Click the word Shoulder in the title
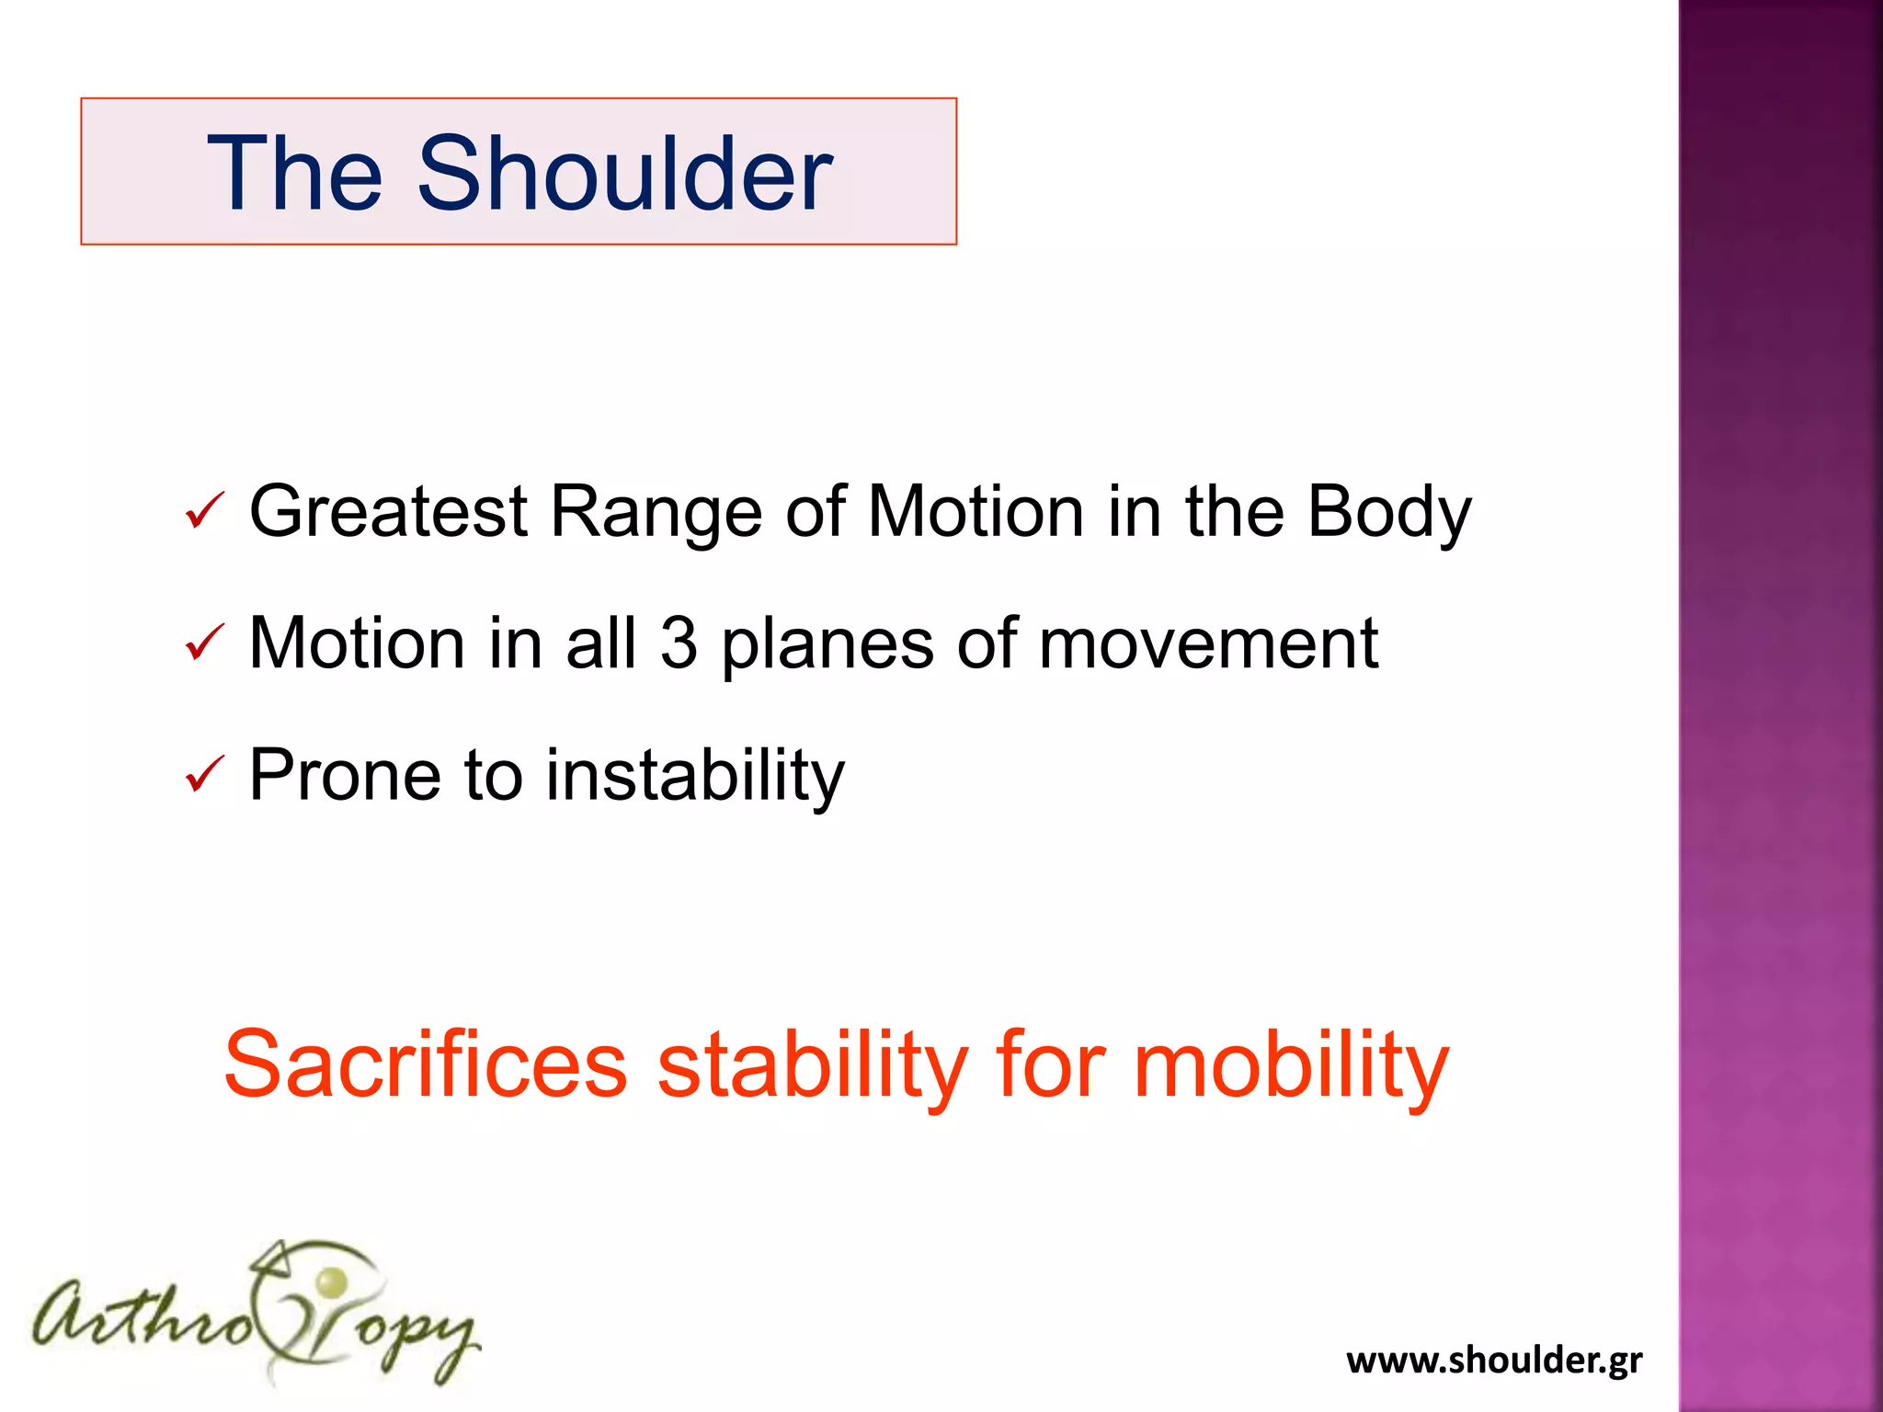tap(624, 174)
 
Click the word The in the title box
tap(295, 174)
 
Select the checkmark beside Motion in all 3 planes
tap(204, 643)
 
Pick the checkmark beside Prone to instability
tap(204, 774)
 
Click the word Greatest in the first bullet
tap(388, 511)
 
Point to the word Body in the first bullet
tap(1388, 513)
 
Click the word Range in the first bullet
tap(656, 513)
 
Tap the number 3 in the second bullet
tap(679, 643)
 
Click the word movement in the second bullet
tap(1208, 643)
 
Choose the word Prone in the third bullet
tap(344, 775)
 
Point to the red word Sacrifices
tap(425, 1065)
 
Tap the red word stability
tap(813, 1065)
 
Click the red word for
tap(1051, 1065)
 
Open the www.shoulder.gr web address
tap(1493, 1360)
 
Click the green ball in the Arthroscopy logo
tap(332, 1280)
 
